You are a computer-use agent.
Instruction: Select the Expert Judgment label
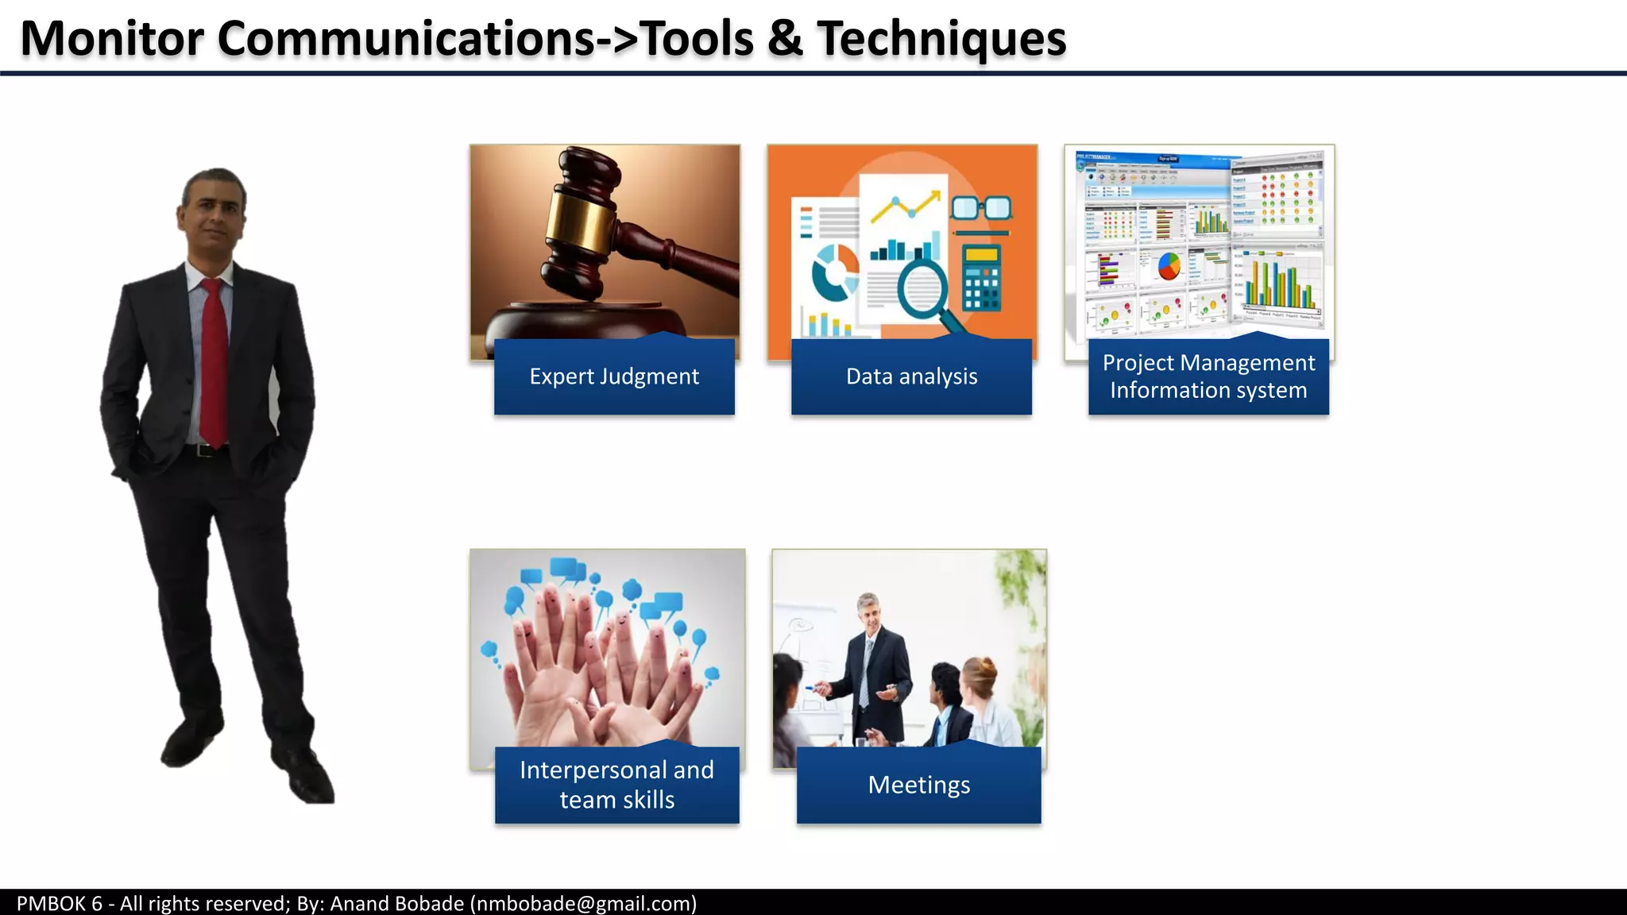click(x=614, y=376)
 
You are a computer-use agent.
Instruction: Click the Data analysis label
click(x=911, y=376)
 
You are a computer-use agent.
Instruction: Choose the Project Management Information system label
click(x=1208, y=376)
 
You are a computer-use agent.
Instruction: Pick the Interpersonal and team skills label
click(x=616, y=785)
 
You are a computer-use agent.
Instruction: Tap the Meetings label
click(x=918, y=785)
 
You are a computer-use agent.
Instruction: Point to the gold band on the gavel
click(x=584, y=214)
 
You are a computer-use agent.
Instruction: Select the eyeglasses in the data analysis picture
click(x=981, y=208)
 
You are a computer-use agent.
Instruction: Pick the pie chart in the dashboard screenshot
click(x=1169, y=266)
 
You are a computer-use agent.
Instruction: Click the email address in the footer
click(x=583, y=903)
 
